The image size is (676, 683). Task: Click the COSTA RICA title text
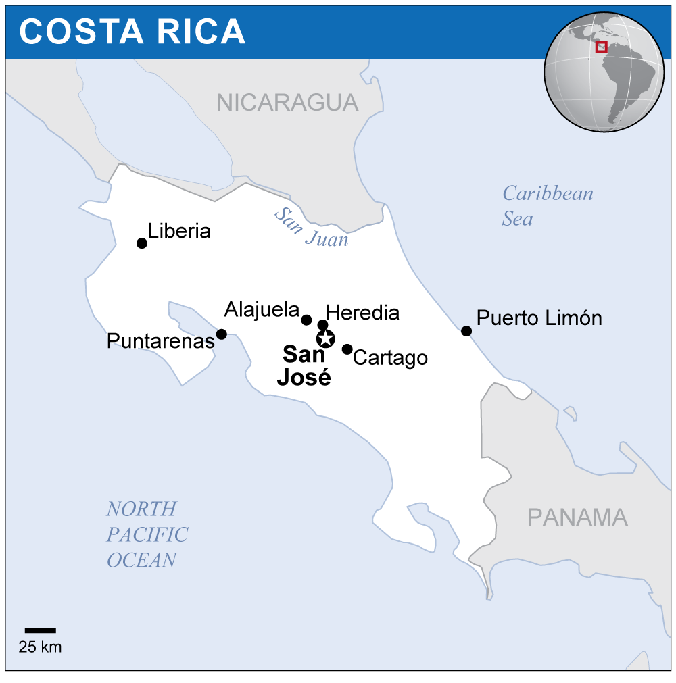click(132, 31)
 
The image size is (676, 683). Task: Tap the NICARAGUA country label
click(287, 102)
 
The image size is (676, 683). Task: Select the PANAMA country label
click(577, 517)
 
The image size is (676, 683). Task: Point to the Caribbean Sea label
click(547, 205)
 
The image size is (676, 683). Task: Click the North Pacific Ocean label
click(146, 534)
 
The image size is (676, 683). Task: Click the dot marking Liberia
click(142, 243)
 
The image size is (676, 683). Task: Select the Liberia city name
click(179, 231)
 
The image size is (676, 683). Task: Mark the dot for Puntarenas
click(221, 334)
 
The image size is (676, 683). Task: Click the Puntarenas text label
click(160, 341)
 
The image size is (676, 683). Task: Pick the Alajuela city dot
click(306, 320)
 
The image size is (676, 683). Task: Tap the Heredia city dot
click(322, 325)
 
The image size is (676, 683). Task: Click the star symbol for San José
click(325, 338)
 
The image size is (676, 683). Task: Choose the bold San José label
click(304, 365)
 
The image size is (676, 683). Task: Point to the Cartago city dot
click(347, 349)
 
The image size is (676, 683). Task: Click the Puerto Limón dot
click(466, 330)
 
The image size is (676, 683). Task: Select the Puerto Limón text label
click(539, 318)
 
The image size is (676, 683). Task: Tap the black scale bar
click(40, 630)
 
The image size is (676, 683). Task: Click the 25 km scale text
click(40, 647)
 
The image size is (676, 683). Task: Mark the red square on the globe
click(601, 47)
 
